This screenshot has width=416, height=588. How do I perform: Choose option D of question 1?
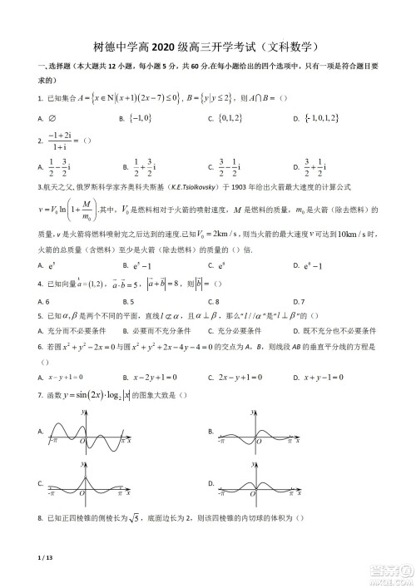(333, 118)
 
